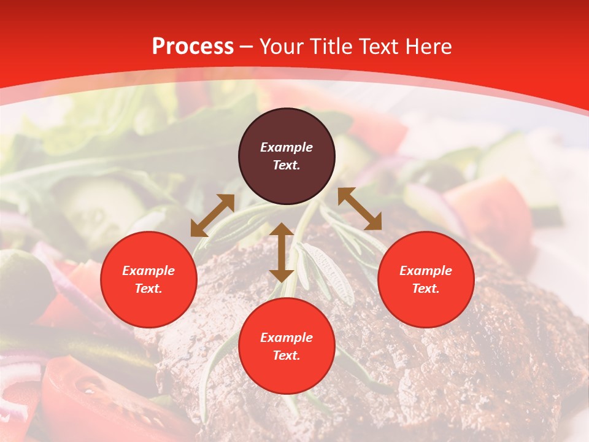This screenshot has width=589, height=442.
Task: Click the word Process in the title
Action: (x=193, y=47)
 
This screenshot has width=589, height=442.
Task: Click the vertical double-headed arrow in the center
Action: (x=282, y=252)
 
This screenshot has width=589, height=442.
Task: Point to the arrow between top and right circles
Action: (x=360, y=209)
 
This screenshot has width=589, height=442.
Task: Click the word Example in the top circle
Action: (x=287, y=147)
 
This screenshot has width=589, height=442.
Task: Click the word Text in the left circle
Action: (x=148, y=289)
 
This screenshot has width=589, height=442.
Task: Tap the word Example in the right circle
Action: (x=426, y=271)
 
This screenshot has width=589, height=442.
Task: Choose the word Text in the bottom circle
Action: (x=287, y=355)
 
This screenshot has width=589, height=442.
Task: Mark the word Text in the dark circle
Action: (x=287, y=165)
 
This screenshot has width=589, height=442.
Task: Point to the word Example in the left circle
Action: (x=148, y=271)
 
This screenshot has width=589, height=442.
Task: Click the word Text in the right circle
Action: (x=426, y=289)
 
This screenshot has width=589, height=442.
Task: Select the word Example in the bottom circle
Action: (x=287, y=338)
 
